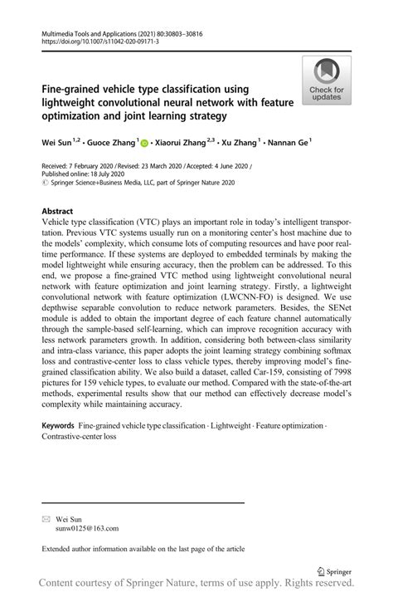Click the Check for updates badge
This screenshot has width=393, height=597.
[x=327, y=81]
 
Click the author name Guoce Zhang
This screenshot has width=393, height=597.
[x=115, y=144]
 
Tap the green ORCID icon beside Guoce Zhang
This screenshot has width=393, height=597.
[x=144, y=144]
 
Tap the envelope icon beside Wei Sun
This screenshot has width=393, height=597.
[x=46, y=517]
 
